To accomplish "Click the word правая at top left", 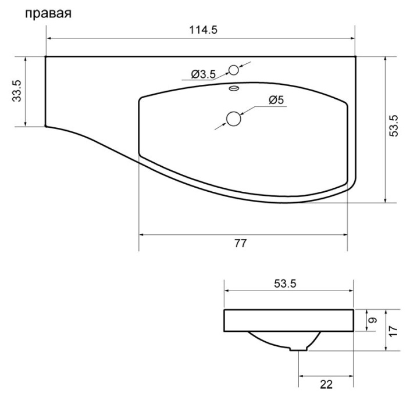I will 47,13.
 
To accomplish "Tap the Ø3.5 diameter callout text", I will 204,74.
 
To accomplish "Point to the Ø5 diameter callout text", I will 276,101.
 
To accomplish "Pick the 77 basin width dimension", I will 239,243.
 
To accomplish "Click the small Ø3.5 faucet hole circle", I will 233,70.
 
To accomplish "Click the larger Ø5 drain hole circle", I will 234,119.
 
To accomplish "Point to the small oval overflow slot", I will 233,88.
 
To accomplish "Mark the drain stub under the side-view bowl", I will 299,348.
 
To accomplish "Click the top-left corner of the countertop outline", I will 46,57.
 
